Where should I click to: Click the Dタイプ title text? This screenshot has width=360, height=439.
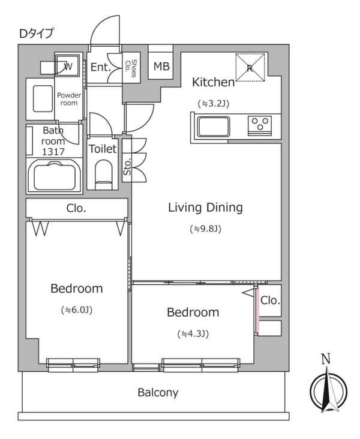(x=36, y=34)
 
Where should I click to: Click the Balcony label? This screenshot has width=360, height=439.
(x=158, y=393)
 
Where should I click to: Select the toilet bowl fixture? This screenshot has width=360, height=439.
(x=104, y=174)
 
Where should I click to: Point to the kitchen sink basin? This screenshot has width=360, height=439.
(x=214, y=127)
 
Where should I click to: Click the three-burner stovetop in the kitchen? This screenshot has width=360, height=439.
(x=260, y=125)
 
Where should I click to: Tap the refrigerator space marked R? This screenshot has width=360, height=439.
(x=250, y=68)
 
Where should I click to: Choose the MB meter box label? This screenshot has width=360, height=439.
(x=161, y=67)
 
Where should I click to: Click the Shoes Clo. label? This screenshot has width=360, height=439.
(x=131, y=68)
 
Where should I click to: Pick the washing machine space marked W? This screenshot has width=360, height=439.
(x=68, y=67)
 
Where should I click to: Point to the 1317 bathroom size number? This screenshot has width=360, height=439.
(x=53, y=152)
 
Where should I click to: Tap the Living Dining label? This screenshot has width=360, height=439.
(x=205, y=208)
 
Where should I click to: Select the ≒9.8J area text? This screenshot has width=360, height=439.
(x=206, y=229)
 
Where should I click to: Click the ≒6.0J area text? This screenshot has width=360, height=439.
(x=77, y=310)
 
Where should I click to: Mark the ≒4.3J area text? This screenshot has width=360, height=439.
(x=193, y=333)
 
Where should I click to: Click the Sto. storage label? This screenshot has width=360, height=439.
(x=127, y=167)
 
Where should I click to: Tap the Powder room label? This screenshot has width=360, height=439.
(x=69, y=99)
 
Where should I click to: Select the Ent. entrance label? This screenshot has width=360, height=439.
(x=101, y=67)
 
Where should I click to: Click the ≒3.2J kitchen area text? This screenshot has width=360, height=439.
(x=214, y=104)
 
